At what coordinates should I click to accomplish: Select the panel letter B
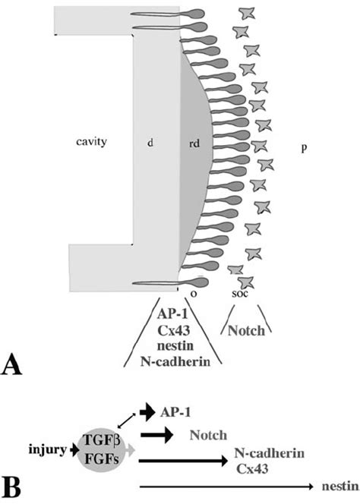pyautogui.click(x=16, y=483)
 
